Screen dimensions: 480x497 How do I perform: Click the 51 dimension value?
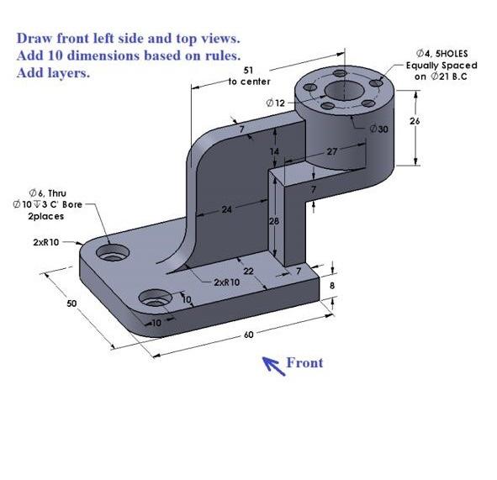[x=246, y=71]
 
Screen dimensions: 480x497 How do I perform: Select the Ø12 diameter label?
[x=276, y=102]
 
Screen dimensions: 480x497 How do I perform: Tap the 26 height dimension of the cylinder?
[x=437, y=121]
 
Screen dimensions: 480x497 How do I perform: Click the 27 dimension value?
[x=330, y=152]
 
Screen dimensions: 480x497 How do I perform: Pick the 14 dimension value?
[x=274, y=151]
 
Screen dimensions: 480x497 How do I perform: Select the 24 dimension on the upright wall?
[x=226, y=209]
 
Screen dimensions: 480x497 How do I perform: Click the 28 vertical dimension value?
[x=273, y=220]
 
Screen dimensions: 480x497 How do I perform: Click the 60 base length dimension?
[x=248, y=335]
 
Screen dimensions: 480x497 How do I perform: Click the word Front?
[x=304, y=363]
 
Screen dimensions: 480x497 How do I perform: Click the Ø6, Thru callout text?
[x=41, y=193]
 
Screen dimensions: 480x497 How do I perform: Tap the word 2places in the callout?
[x=41, y=216]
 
